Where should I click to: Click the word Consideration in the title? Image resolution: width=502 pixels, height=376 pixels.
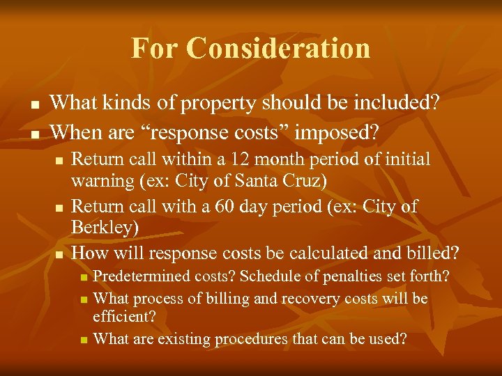coord(279,49)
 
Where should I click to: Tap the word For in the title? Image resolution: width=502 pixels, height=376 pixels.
coord(155,49)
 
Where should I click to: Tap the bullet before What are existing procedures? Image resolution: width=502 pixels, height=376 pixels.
coord(84,340)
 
